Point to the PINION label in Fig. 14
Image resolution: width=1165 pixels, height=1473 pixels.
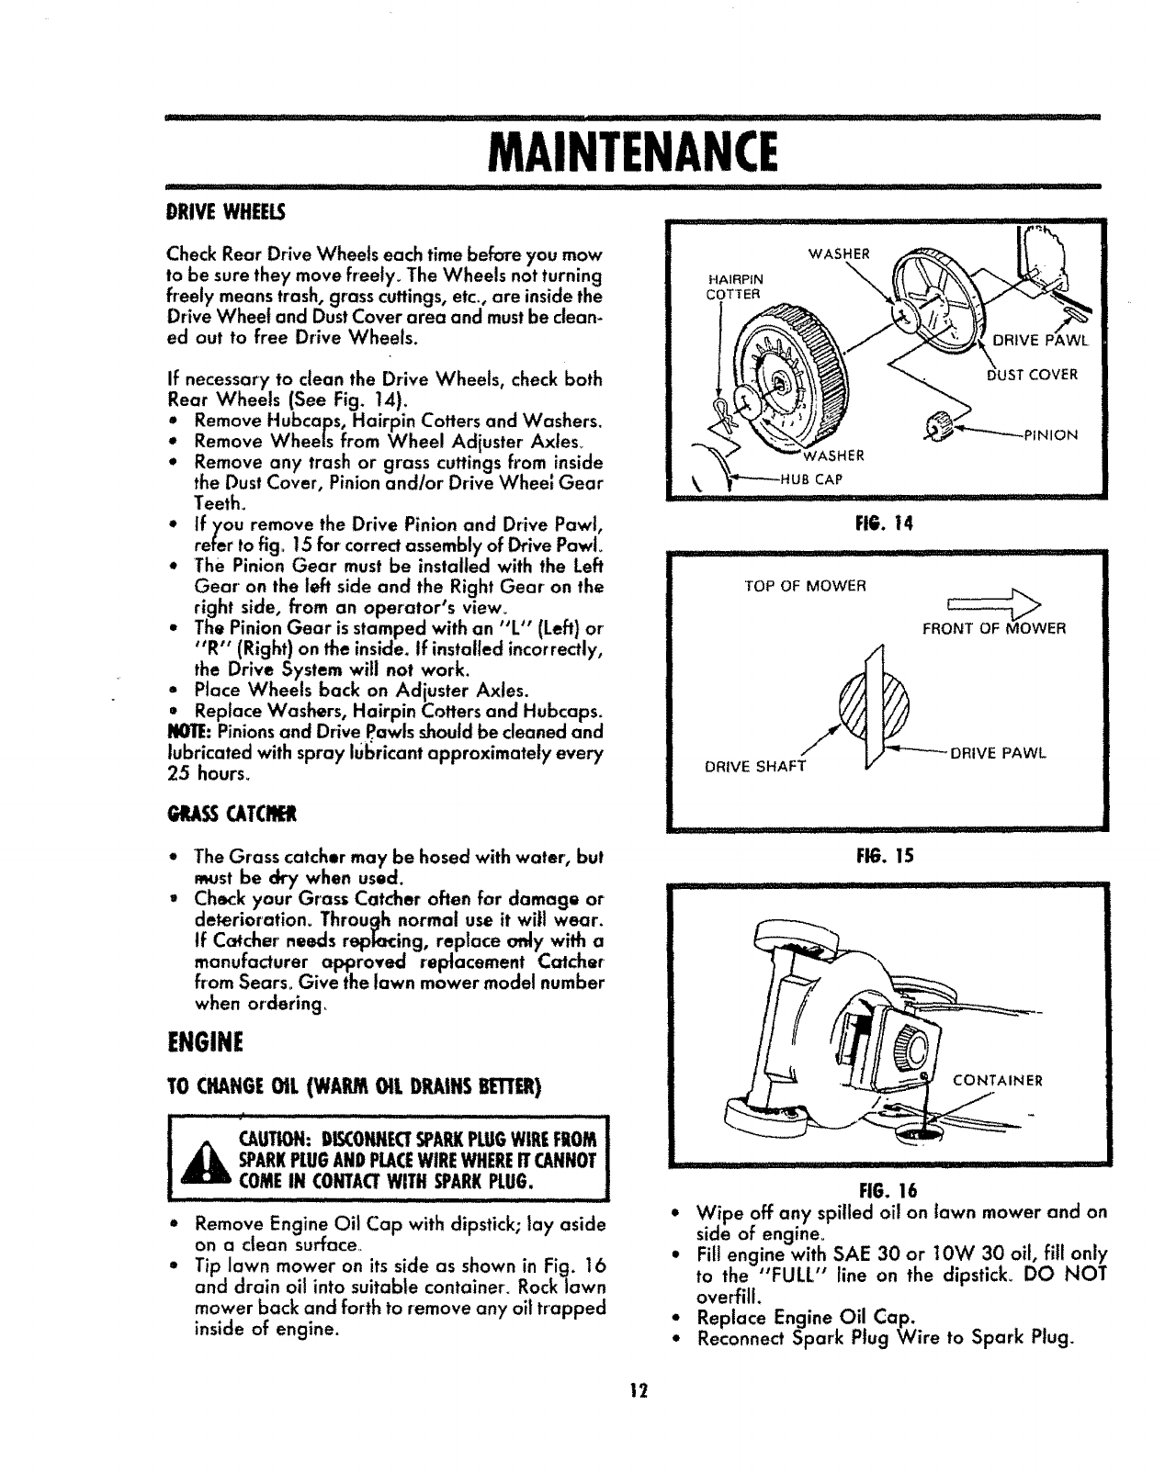[x=1051, y=435]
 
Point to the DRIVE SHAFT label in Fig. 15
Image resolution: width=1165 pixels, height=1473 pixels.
[x=752, y=766]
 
